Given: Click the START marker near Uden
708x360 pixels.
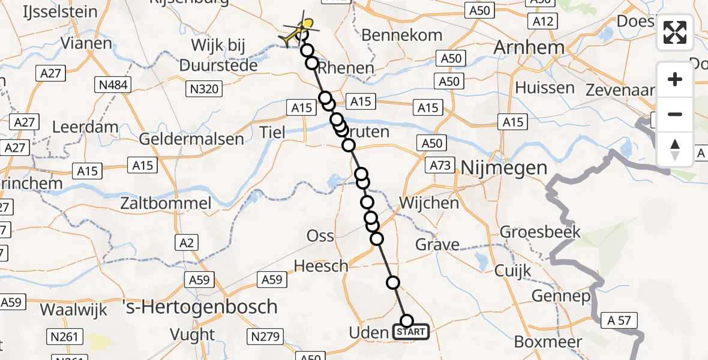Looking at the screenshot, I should click(411, 331).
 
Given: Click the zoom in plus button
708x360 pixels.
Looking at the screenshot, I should click(675, 79).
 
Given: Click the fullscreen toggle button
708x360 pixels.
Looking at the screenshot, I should click(675, 32).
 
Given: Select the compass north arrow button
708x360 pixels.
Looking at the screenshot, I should click(675, 149).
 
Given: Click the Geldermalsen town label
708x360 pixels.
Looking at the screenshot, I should click(191, 139).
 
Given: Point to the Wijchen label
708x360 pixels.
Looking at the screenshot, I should click(429, 203).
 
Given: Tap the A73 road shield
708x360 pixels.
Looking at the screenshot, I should click(441, 165).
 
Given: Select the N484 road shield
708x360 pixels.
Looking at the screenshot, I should click(113, 85).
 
